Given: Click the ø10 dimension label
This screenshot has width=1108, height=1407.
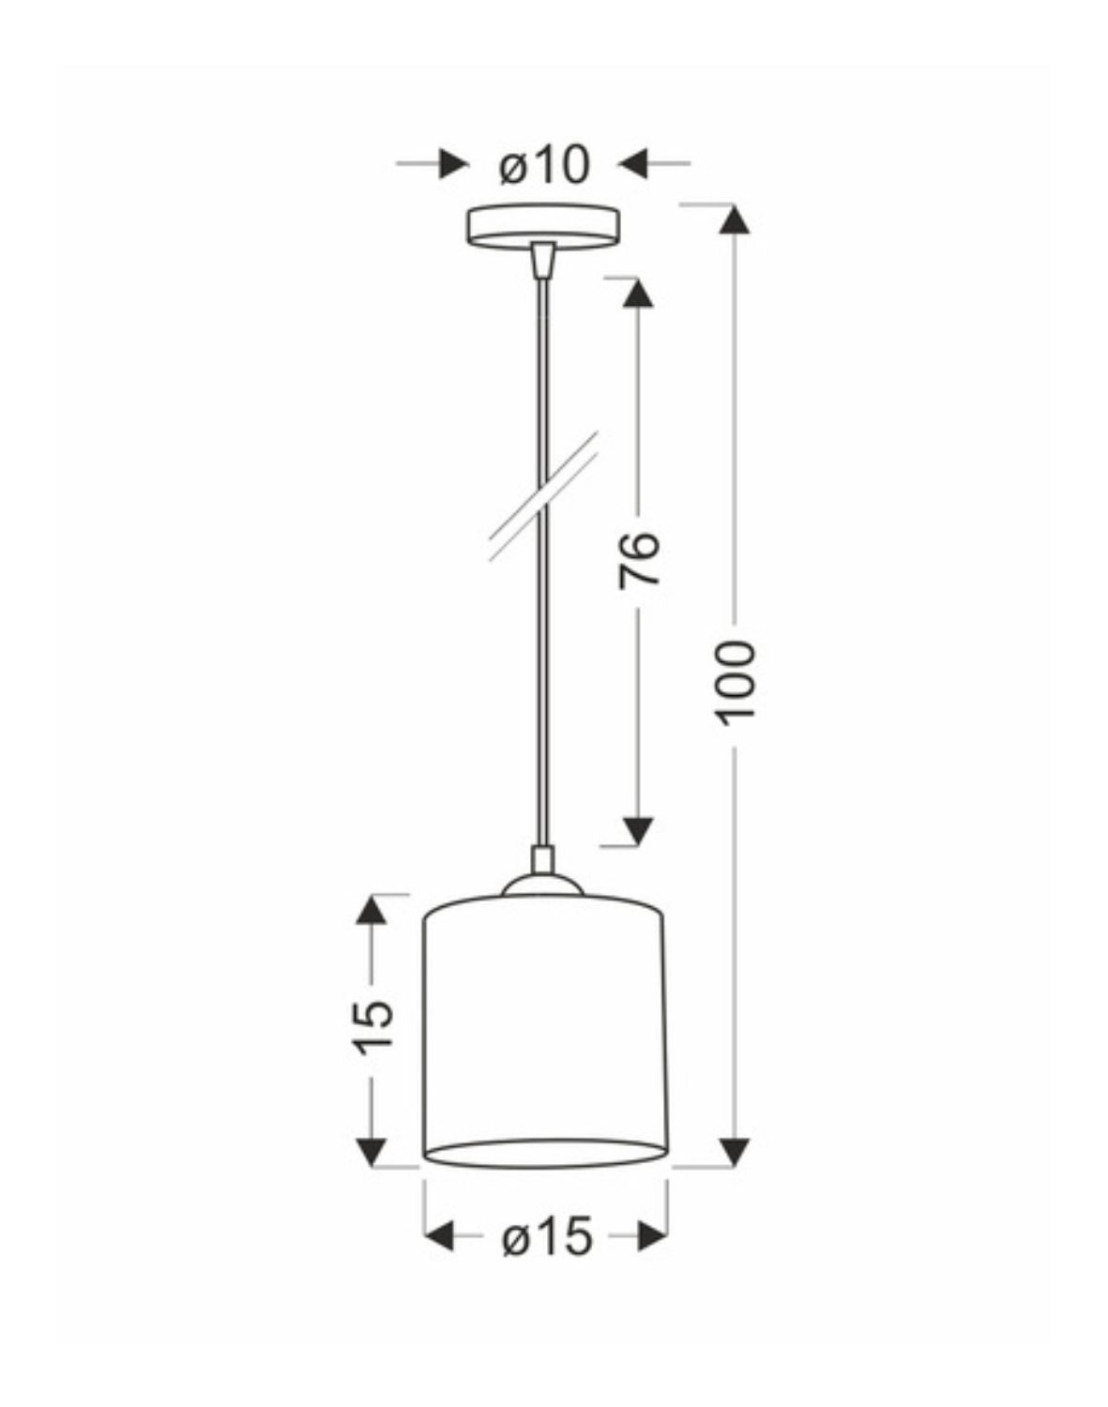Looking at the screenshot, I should click(x=545, y=166).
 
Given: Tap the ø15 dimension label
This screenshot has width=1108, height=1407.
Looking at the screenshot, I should click(x=547, y=1237).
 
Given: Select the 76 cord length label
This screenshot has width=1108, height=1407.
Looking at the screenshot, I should click(x=639, y=560).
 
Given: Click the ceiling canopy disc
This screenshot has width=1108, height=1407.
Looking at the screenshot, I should click(x=543, y=225).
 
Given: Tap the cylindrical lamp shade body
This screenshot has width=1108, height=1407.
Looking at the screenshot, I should click(x=545, y=1032).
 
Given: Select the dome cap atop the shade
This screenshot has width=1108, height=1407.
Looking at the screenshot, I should click(x=542, y=885).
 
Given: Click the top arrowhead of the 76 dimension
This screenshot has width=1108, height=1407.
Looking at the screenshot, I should click(x=639, y=293).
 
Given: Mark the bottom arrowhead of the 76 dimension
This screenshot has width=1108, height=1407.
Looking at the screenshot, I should click(x=639, y=829).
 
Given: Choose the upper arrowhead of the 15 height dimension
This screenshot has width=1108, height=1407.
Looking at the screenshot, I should click(x=373, y=910).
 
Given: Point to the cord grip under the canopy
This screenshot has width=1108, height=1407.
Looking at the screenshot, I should click(x=542, y=259).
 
